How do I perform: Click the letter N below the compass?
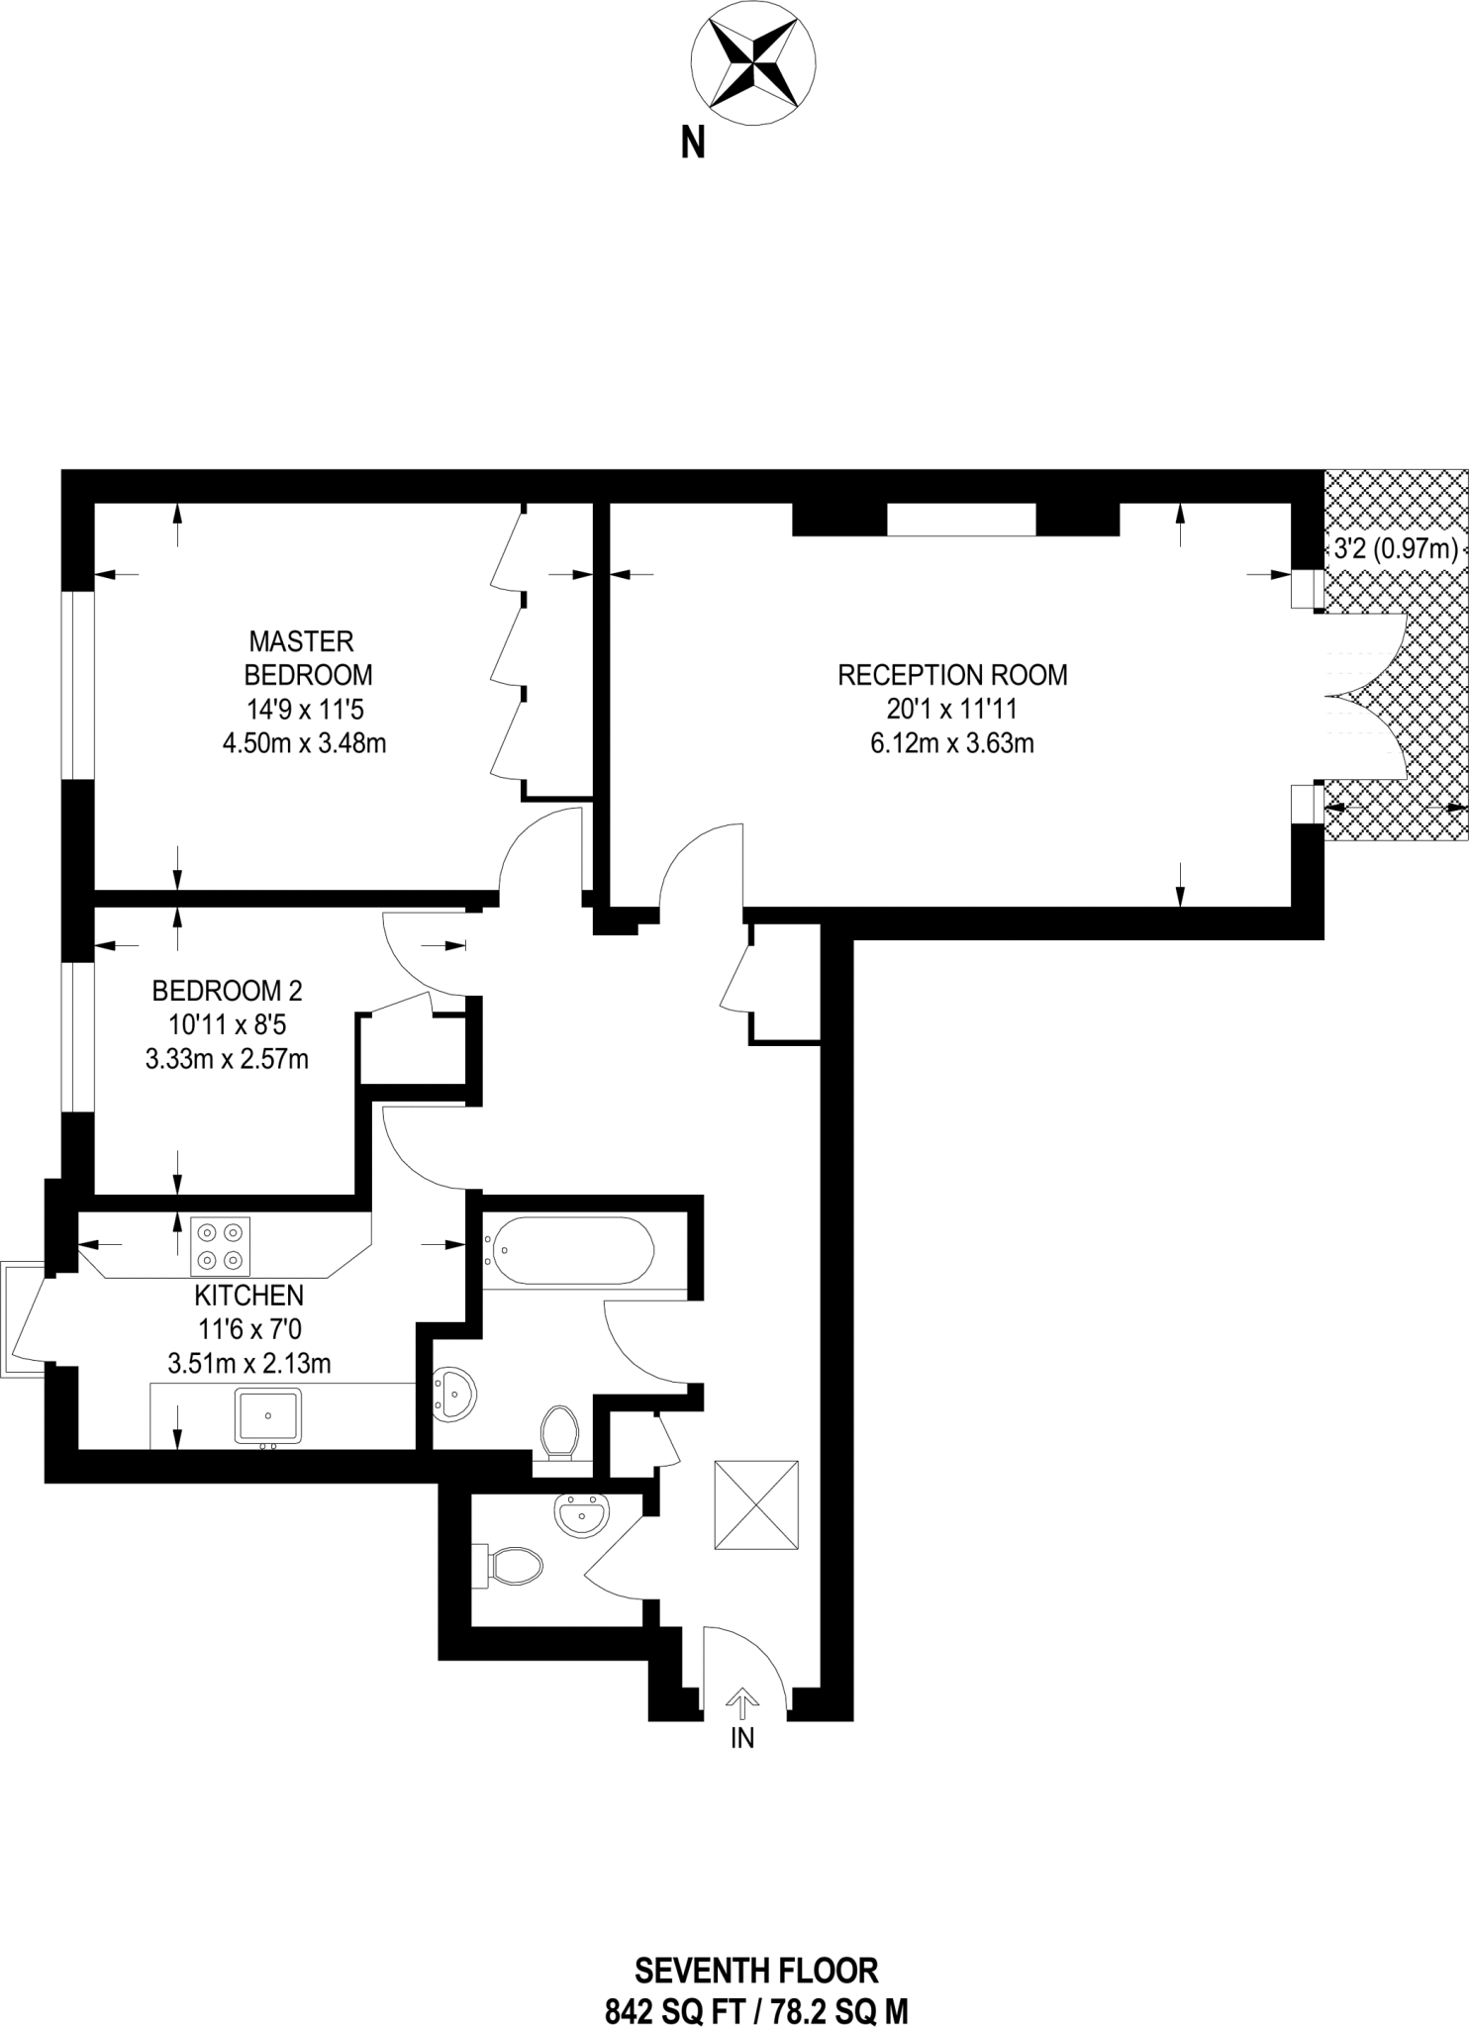(693, 145)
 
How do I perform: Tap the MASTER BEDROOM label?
(307, 657)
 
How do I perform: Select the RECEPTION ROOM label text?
(952, 675)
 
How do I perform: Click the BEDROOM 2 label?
(227, 990)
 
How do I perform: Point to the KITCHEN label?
(248, 1295)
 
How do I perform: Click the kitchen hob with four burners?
(220, 1246)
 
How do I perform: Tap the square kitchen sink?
(268, 1414)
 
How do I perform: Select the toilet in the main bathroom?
(559, 1431)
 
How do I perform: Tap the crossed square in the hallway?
(755, 1502)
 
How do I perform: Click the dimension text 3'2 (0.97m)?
(1395, 548)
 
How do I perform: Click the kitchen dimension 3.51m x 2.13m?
(249, 1363)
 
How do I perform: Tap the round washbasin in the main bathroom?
(454, 1395)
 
